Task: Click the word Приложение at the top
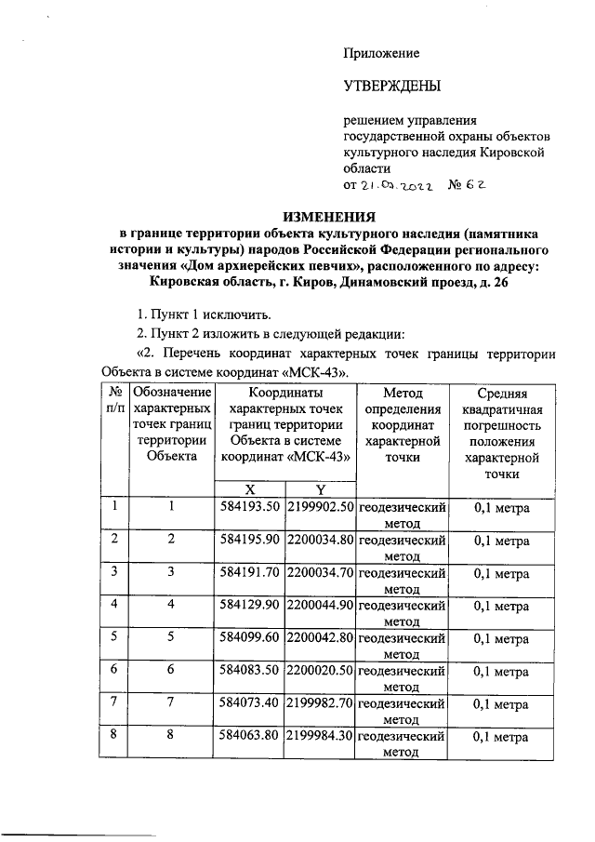[x=382, y=53]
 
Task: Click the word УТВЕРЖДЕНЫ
[x=390, y=87]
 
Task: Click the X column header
[x=250, y=489]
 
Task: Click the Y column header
[x=320, y=489]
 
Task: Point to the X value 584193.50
[x=250, y=508]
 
